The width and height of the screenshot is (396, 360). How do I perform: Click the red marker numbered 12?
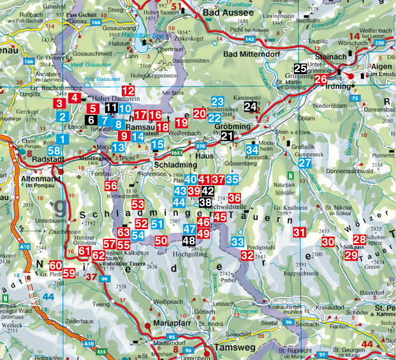pos(128,91)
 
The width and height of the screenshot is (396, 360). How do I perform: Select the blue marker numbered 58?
pos(54,149)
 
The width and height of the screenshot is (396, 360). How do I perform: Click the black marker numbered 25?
pos(300,69)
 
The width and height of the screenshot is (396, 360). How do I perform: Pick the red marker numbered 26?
pos(321,80)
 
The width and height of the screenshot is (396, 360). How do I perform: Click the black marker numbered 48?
pos(189,241)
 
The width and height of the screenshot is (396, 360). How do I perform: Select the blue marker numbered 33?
pos(238,242)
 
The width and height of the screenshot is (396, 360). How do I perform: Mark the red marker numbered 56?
pos(111,185)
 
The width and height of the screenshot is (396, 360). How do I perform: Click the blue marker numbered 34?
pos(253,149)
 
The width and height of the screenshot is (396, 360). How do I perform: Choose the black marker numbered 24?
pos(251,107)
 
